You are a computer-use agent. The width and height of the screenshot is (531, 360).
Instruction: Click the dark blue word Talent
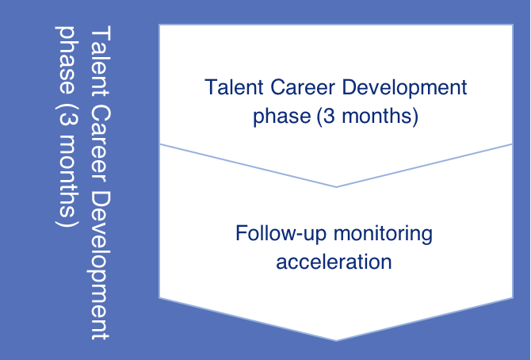pos(234,86)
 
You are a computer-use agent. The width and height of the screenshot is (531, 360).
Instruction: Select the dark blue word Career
pos(303,86)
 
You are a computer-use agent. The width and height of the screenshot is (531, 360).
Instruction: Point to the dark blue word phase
pos(282,116)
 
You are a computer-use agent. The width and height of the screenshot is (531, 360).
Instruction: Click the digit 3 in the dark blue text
pos(329,116)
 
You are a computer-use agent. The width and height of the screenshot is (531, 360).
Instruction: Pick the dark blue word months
pos(376,116)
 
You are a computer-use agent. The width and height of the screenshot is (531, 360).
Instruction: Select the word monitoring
pos(383,235)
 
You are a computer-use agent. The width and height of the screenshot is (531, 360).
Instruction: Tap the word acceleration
pos(334,262)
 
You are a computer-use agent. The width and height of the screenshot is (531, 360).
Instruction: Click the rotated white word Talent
pos(100,62)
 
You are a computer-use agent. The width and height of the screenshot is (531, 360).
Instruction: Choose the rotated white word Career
pos(100,144)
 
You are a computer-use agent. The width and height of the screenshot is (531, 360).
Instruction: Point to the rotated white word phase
pos(67,59)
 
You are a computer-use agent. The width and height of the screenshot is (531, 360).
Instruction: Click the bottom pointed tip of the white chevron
pos(336,340)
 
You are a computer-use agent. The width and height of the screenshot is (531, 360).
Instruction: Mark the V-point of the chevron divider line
pos(336,187)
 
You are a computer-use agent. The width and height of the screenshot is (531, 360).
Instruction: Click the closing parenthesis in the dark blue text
pos(415,117)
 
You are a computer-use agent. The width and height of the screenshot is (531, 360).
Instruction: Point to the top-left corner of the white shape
pos(159,25)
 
